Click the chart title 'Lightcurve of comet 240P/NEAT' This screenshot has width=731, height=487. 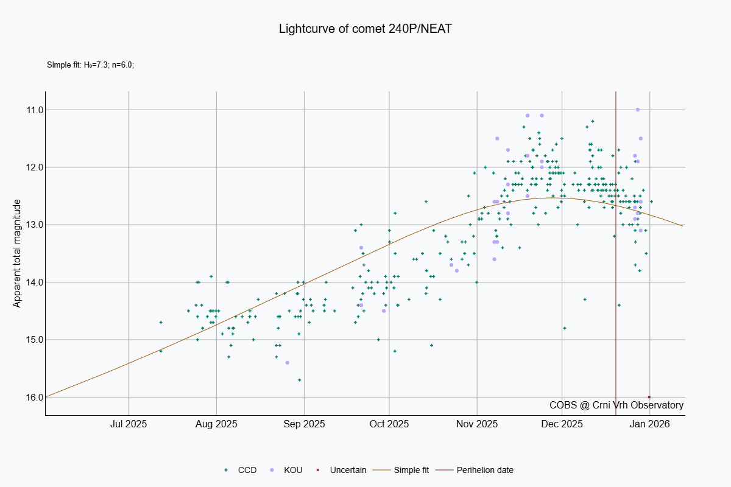pyautogui.click(x=365, y=29)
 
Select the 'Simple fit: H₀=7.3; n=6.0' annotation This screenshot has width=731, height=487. pyautogui.click(x=90, y=65)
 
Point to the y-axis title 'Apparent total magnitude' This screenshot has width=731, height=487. pyautogui.click(x=17, y=253)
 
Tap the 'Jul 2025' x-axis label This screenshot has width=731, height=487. pyautogui.click(x=129, y=424)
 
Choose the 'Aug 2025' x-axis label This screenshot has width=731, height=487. pyautogui.click(x=217, y=424)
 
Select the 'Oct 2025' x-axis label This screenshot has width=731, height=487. pyautogui.click(x=389, y=424)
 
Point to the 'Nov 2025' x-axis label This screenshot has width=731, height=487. pyautogui.click(x=478, y=424)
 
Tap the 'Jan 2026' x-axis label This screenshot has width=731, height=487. pyautogui.click(x=650, y=424)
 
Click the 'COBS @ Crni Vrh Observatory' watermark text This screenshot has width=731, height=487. pyautogui.click(x=616, y=405)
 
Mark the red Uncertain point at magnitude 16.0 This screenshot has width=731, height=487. pyautogui.click(x=649, y=397)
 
